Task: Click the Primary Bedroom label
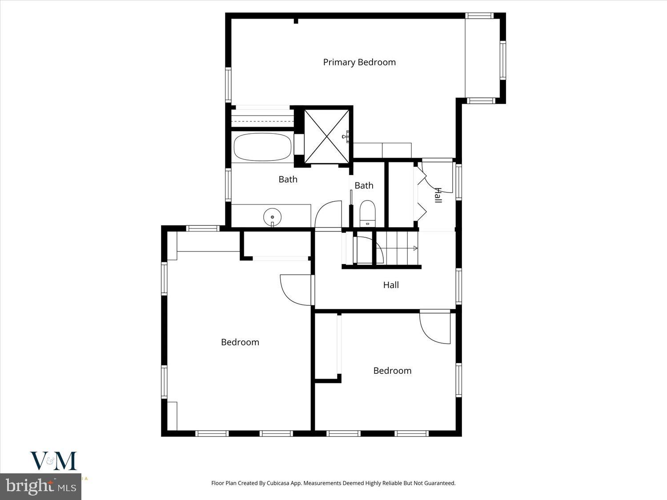[359, 62]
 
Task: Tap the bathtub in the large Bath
[262, 148]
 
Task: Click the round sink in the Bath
[272, 217]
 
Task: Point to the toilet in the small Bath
[367, 212]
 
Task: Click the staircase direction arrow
[414, 248]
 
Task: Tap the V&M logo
[53, 461]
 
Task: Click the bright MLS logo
[41, 485]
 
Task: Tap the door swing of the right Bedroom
[435, 328]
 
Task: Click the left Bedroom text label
[240, 342]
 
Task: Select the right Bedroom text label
[392, 371]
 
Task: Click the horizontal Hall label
[391, 285]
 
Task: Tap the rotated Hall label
[438, 195]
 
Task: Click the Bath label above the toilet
[364, 185]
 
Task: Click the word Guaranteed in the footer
[440, 483]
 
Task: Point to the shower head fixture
[345, 136]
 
